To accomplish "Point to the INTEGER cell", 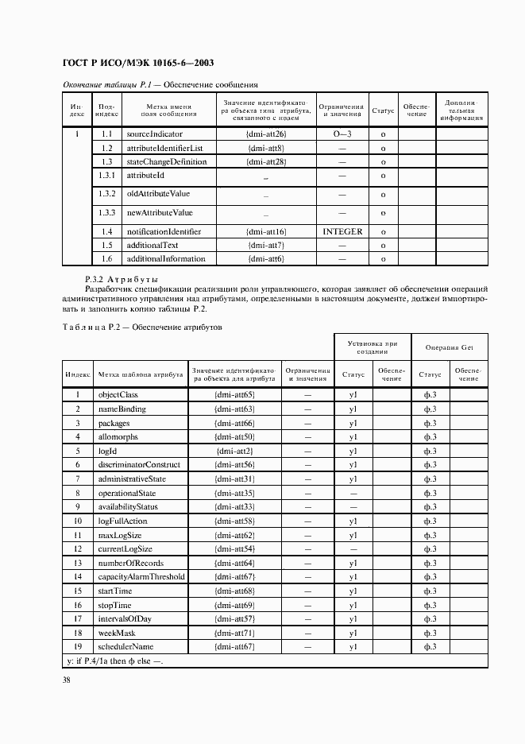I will (x=342, y=231).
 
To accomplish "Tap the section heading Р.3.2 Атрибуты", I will (x=122, y=280).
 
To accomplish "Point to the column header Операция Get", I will (x=449, y=347).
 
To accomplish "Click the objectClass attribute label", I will (x=118, y=394).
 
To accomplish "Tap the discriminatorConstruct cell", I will (x=138, y=464).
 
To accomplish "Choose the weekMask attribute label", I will (x=116, y=634).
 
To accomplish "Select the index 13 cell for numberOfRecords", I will (x=78, y=563).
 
